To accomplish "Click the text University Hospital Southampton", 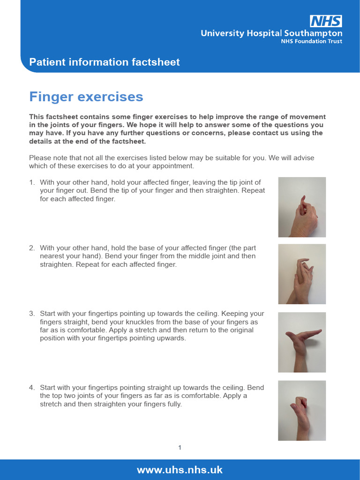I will click(x=271, y=33).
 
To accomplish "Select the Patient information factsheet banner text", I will click(x=105, y=62).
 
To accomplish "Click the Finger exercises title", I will click(x=86, y=97).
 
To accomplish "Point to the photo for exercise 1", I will click(x=302, y=207).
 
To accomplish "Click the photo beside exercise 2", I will click(x=302, y=274).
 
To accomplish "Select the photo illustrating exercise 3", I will click(x=302, y=342).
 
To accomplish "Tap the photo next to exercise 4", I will click(x=302, y=410).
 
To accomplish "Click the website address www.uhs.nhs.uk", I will click(x=180, y=470).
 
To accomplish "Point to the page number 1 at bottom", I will click(x=180, y=448).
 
